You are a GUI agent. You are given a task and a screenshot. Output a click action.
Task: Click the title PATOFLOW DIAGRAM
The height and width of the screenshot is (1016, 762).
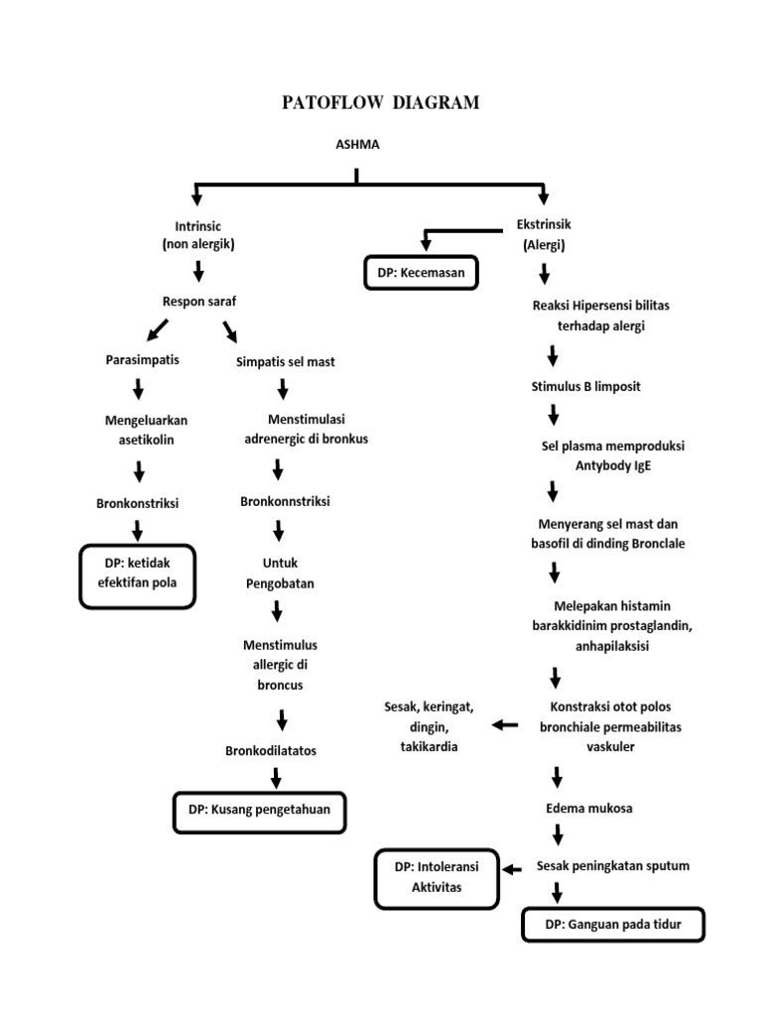pos(381,103)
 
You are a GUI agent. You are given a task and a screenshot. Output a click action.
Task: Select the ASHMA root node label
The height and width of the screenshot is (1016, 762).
pos(357,145)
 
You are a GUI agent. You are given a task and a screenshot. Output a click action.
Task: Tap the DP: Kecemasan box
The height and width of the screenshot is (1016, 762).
pos(420,271)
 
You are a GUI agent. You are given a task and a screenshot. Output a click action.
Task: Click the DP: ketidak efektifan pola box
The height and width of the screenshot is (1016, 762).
pos(138,573)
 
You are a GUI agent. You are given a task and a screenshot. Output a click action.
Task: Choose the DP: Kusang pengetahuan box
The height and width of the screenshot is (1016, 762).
pos(259,810)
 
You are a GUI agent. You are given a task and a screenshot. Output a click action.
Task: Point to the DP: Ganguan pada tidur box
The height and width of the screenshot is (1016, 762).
pos(612,925)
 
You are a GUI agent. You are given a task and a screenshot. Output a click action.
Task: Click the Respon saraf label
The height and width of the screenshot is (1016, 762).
pos(199,300)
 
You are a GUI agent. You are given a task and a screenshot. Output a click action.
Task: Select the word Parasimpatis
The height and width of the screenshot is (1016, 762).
pos(143,360)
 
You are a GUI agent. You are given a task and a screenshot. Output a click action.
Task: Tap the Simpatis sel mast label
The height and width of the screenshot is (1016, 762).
pos(286,362)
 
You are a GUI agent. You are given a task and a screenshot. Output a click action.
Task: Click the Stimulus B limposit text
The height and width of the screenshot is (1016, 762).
pos(586,386)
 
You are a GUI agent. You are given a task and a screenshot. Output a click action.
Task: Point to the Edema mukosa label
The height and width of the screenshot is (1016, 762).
pos(589,808)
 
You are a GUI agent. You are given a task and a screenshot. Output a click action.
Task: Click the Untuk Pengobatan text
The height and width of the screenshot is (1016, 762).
pos(280,574)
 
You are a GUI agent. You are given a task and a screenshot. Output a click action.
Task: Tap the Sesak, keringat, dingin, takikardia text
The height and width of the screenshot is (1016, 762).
pos(430,726)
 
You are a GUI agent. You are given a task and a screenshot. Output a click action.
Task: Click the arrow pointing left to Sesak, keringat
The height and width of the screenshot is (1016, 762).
pos(505,725)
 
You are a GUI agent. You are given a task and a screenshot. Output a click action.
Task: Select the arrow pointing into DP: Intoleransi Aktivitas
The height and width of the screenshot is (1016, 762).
pos(512,869)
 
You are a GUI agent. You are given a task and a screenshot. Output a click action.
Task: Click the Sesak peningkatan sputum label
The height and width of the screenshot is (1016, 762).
pos(612,865)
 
